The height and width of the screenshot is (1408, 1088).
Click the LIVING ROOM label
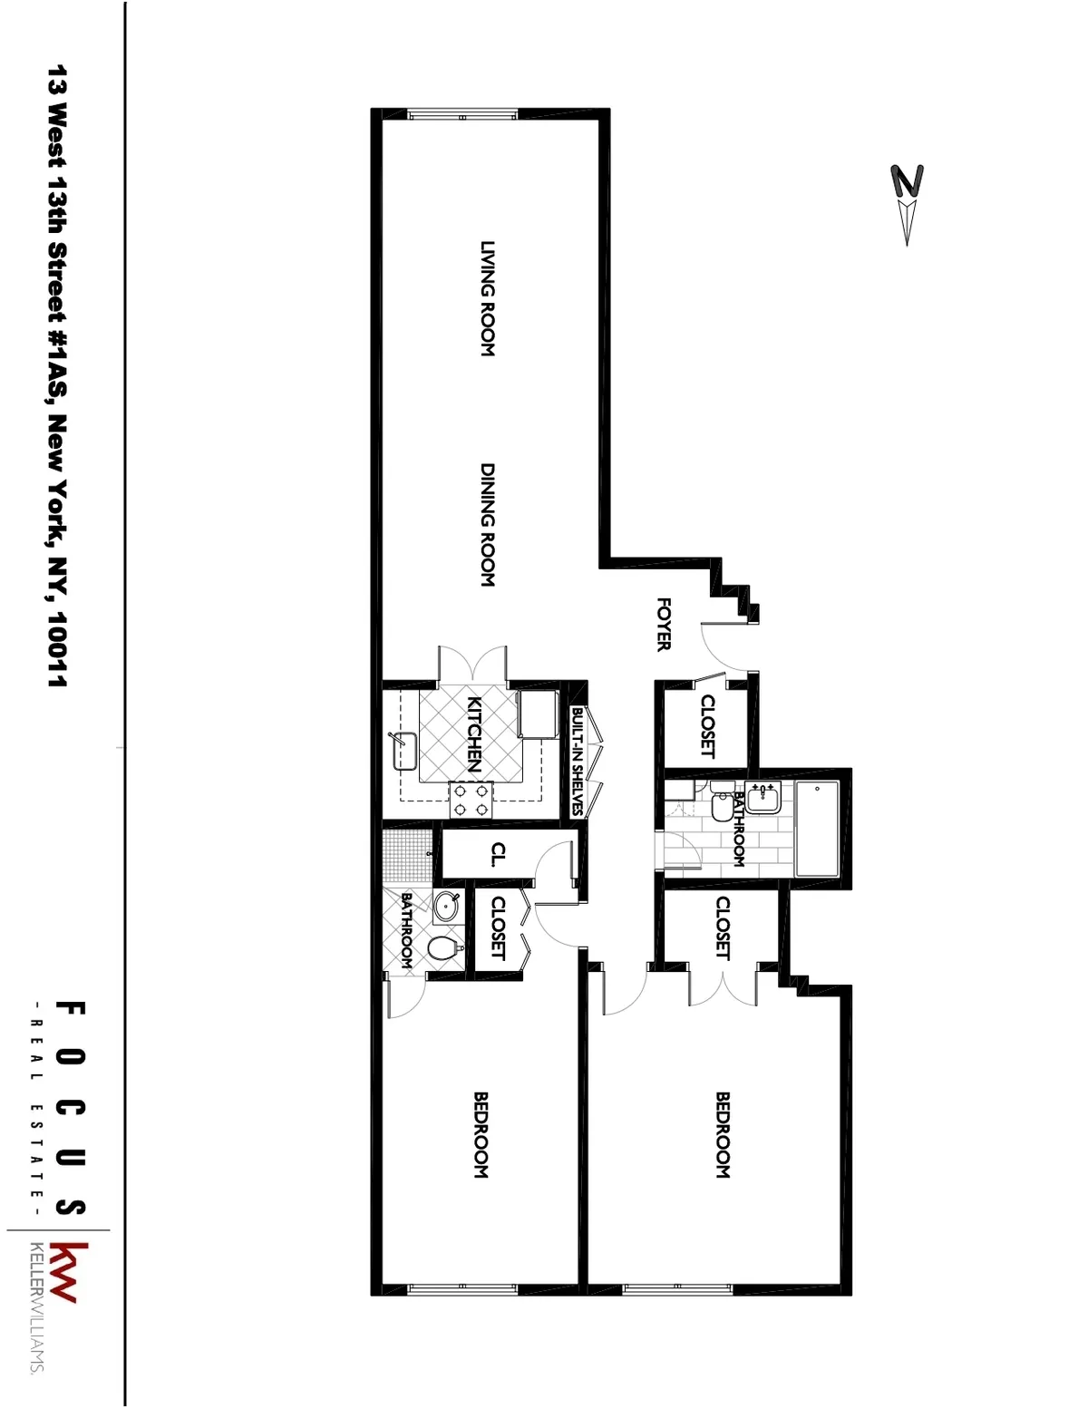(x=487, y=298)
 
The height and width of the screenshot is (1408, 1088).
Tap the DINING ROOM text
(x=487, y=525)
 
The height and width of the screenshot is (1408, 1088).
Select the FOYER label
(x=663, y=624)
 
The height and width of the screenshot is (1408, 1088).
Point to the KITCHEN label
(x=472, y=733)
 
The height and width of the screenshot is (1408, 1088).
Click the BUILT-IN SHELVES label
(x=576, y=762)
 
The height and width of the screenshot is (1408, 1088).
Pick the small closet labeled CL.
(x=498, y=855)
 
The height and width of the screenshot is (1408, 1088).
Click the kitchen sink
(x=403, y=751)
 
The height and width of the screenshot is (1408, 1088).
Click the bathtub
(x=817, y=829)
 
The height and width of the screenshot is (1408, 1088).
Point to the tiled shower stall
(x=403, y=856)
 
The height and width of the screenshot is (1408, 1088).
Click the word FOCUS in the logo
(x=71, y=1108)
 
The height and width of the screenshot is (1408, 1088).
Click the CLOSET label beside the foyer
(x=707, y=725)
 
